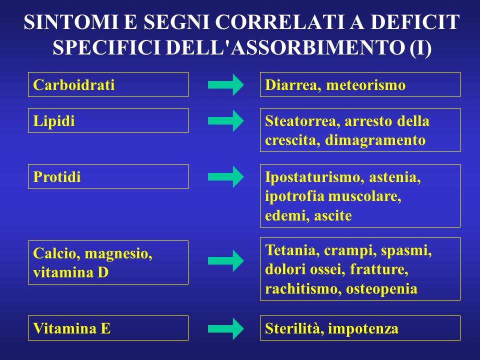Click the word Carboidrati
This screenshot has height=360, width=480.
click(74, 85)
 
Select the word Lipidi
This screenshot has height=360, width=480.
click(54, 121)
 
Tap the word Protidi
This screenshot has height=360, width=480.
click(57, 177)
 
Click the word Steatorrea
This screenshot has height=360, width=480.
click(300, 121)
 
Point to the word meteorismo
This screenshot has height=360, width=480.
click(366, 85)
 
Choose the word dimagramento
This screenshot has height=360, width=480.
click(375, 140)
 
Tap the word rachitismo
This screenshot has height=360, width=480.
click(300, 288)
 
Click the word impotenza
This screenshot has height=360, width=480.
click(363, 329)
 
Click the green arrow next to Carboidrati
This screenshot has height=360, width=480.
click(226, 85)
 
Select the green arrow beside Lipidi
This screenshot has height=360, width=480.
click(226, 121)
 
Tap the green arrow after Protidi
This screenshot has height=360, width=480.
click(226, 176)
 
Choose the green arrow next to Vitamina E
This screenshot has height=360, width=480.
click(226, 329)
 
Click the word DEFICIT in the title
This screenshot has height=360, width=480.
click(415, 22)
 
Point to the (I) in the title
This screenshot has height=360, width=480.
click(420, 48)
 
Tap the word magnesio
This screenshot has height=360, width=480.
click(118, 254)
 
